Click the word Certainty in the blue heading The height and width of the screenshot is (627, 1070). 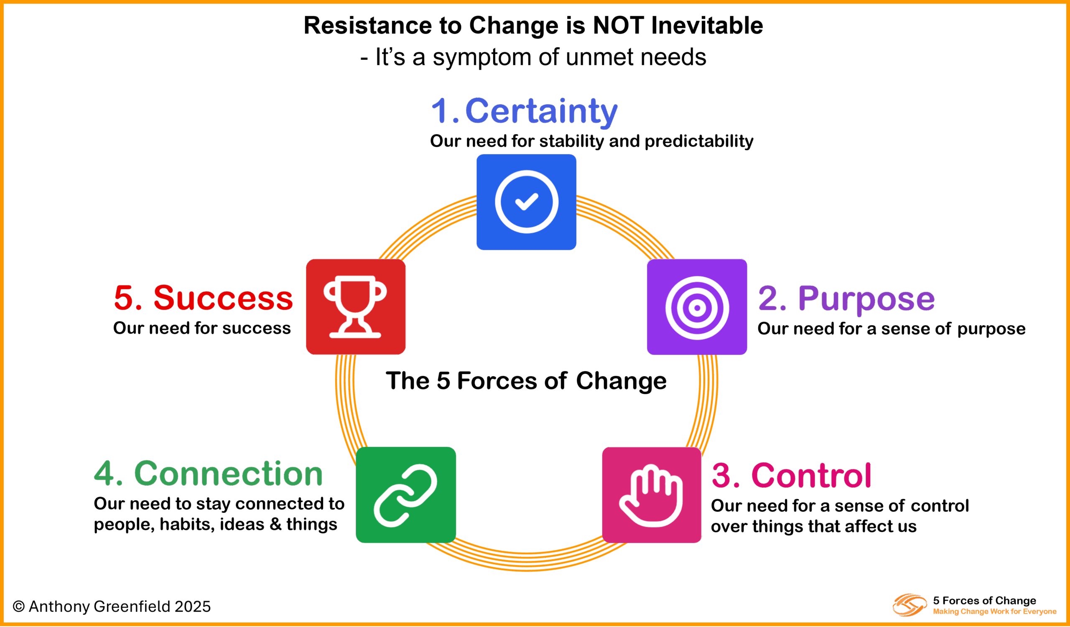541,111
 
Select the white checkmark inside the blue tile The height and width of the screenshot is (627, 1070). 527,201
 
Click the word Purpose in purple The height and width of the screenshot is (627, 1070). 866,299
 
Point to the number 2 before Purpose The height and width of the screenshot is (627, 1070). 769,298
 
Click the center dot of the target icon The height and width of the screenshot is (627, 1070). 697,308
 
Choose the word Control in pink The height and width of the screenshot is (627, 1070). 811,475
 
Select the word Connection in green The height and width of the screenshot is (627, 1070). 229,474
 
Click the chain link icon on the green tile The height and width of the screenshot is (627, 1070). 405,495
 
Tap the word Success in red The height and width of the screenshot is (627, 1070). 223,298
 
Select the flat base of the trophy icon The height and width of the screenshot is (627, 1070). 355,335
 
